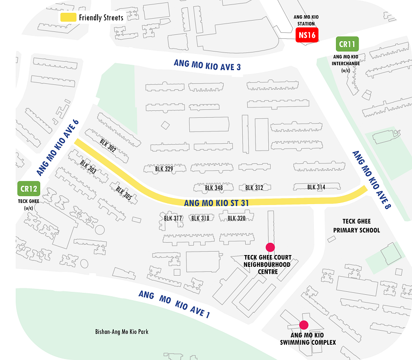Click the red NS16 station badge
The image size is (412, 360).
(x=307, y=35)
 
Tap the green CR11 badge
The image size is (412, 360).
(x=347, y=45)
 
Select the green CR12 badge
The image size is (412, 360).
(x=28, y=188)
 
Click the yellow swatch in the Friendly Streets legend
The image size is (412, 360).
(x=68, y=17)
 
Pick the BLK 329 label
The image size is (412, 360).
(x=164, y=169)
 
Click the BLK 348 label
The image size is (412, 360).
(x=214, y=188)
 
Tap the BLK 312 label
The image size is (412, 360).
(x=254, y=188)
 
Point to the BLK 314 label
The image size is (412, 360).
(x=316, y=187)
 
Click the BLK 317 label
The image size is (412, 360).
(x=173, y=218)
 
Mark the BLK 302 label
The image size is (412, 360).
(x=107, y=146)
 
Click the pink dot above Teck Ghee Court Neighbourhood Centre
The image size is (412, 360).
(x=269, y=247)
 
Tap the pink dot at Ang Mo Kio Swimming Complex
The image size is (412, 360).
(x=304, y=324)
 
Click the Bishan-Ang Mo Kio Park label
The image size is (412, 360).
(x=122, y=332)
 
